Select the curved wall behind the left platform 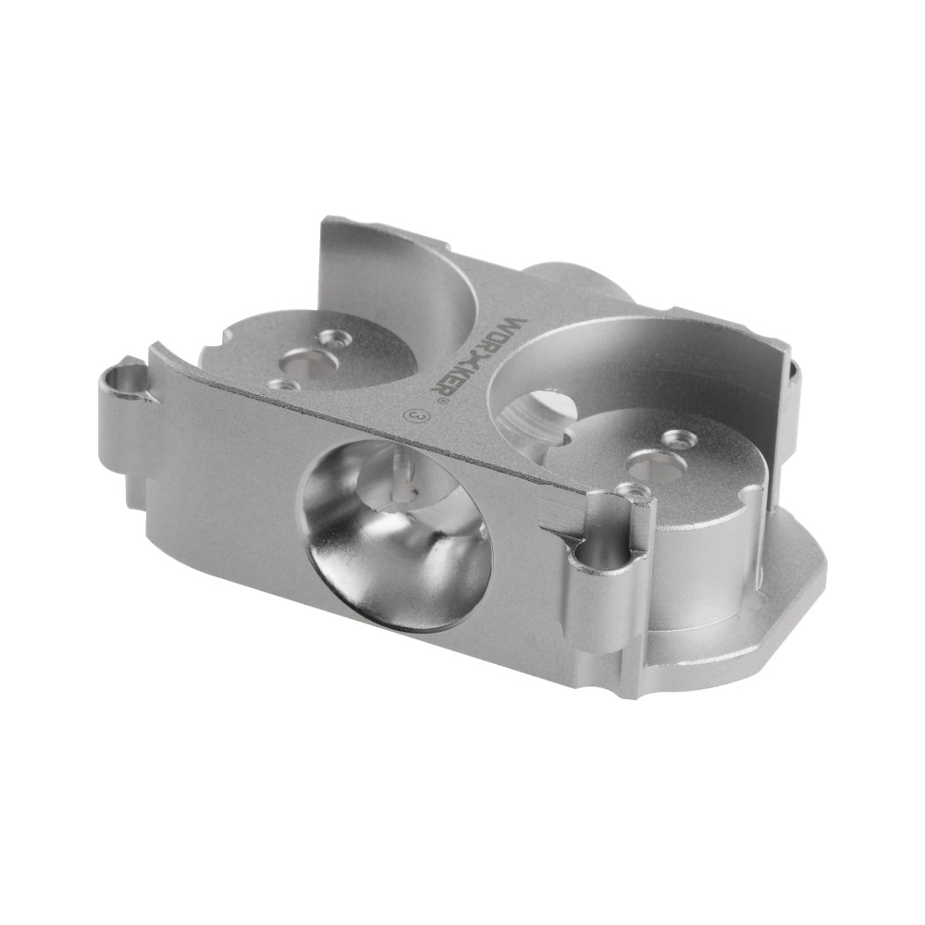(x=398, y=268)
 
